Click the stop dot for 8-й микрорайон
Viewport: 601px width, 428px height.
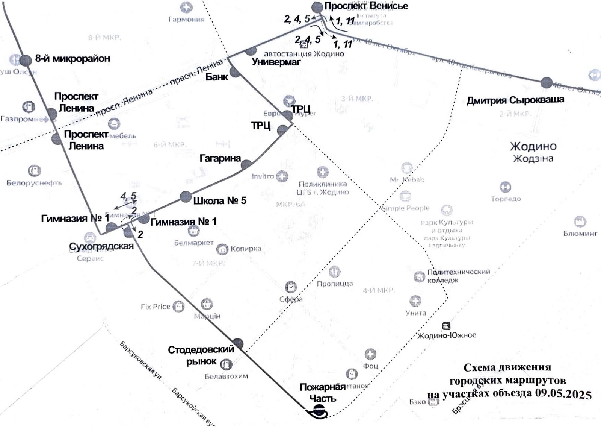26,60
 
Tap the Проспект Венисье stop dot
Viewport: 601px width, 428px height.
317,7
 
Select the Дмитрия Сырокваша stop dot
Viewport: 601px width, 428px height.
547,83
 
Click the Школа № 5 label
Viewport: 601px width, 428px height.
220,201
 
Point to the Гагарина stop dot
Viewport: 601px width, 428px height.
246,164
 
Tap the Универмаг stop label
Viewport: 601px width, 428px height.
276,62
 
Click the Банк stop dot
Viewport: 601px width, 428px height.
235,72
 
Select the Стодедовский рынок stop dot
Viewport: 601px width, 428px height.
238,343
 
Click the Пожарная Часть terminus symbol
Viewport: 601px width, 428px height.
319,412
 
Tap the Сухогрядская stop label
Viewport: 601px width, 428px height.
101,246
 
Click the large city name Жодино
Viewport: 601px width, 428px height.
533,146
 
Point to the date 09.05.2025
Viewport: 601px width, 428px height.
563,394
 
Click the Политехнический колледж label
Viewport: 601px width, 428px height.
459,276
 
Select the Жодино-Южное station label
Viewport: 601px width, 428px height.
447,335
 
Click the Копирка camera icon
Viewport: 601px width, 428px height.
222,249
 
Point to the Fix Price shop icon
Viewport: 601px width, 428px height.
179,307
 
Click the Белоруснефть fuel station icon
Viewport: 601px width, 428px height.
34,171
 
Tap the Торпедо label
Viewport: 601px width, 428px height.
506,199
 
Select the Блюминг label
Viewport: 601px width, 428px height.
580,234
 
